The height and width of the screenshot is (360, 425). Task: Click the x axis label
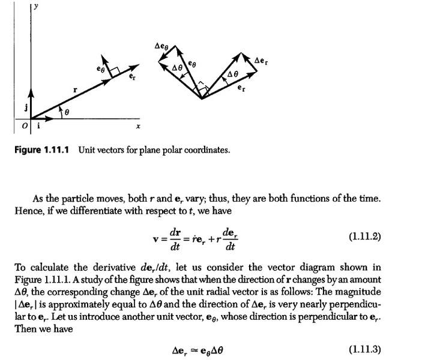coord(138,127)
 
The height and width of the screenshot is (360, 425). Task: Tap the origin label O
coord(25,126)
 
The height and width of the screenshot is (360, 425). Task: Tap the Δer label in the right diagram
coord(261,60)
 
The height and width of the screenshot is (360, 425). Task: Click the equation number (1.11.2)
coord(365,236)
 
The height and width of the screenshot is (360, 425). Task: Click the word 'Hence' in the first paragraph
coord(28,211)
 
